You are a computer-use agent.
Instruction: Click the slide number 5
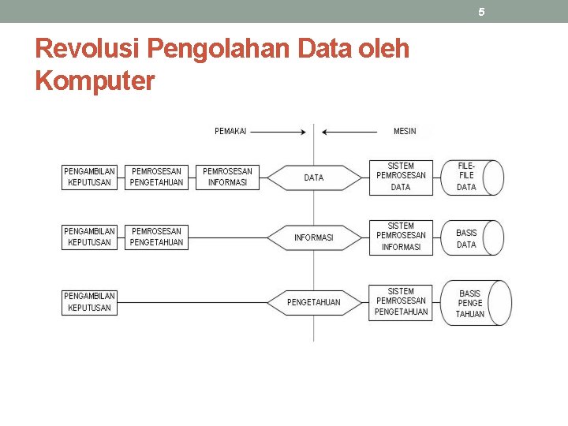(481, 12)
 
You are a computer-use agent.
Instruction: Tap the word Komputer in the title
(95, 80)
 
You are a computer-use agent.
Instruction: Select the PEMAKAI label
(230, 131)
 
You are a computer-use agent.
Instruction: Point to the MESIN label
(405, 131)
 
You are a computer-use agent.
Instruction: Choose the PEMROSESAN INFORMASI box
(227, 177)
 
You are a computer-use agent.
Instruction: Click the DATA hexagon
(314, 177)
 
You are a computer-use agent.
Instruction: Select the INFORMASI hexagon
(314, 237)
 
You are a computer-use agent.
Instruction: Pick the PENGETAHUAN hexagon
(314, 302)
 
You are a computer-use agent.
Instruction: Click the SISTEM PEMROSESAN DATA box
(401, 177)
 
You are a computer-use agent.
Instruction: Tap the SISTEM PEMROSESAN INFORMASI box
(401, 237)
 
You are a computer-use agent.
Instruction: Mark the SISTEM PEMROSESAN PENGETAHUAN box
(401, 301)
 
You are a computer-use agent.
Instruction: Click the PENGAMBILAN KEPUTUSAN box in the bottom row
(89, 302)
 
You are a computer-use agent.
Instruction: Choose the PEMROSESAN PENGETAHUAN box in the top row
(156, 177)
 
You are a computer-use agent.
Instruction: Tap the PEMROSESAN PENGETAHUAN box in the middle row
(156, 237)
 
